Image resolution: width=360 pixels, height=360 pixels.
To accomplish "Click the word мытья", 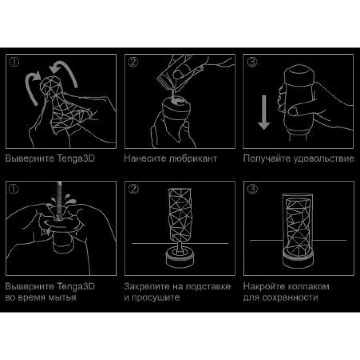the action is pos(62,298).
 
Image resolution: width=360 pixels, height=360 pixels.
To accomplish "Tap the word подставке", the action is pos(208,287).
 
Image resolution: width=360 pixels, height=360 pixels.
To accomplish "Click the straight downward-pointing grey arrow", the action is pos(264,112).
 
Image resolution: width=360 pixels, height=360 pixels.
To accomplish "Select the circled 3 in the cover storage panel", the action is pos(252,189).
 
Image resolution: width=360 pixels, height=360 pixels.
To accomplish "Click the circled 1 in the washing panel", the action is pos(14,189).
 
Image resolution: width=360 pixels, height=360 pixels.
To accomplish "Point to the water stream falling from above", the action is pos(59,200).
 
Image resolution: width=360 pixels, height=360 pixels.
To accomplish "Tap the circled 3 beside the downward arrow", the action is pos(252,62).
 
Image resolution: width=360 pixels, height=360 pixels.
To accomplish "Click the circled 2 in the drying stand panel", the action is pos(134,189).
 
